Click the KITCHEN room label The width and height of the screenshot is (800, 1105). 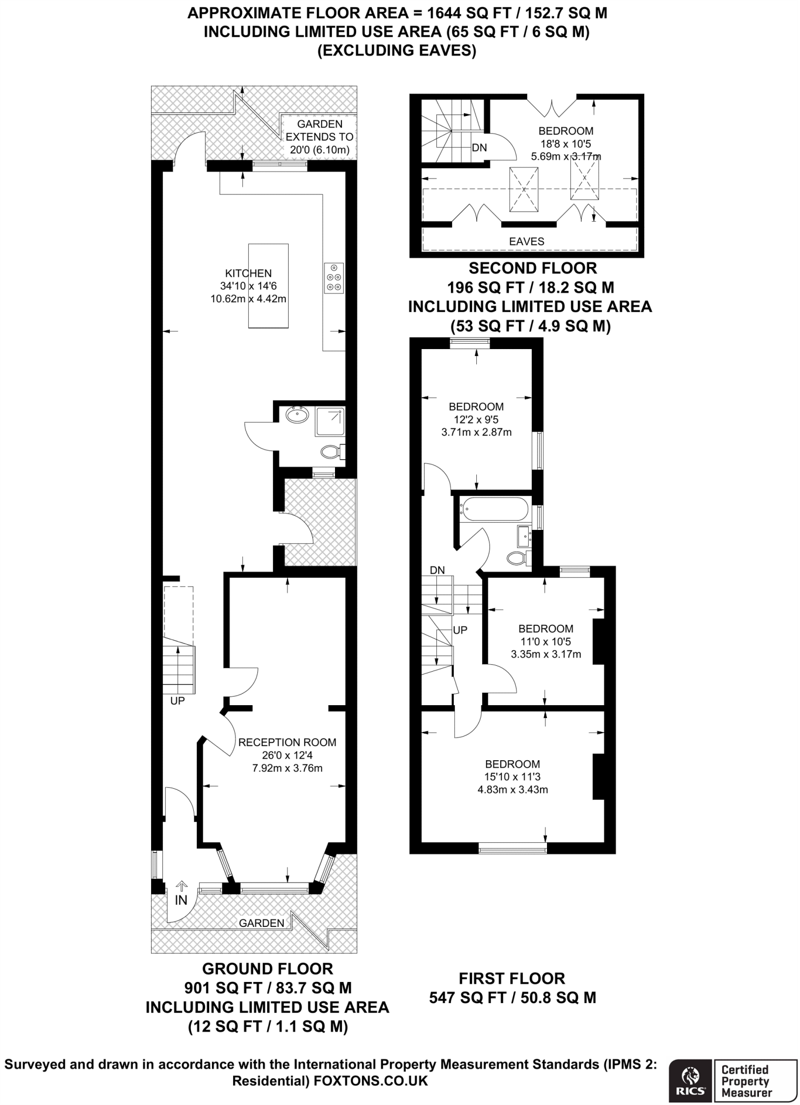pyautogui.click(x=248, y=274)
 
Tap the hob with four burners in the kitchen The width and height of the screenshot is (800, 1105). pyautogui.click(x=334, y=278)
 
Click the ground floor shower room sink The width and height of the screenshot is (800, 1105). pyautogui.click(x=297, y=415)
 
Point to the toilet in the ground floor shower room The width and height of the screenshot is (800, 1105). pyautogui.click(x=330, y=451)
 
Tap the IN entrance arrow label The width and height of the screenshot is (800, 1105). pyautogui.click(x=181, y=899)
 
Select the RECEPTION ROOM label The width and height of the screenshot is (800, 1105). pyautogui.click(x=287, y=742)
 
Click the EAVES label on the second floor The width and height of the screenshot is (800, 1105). pyautogui.click(x=527, y=242)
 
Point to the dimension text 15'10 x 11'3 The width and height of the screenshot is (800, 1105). pyautogui.click(x=512, y=777)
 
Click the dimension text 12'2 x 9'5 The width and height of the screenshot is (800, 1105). pyautogui.click(x=476, y=419)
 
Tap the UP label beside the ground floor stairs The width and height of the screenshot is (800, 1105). pyautogui.click(x=177, y=701)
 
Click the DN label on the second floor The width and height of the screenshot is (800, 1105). pyautogui.click(x=480, y=147)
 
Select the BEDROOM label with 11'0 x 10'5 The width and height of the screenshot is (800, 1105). pyautogui.click(x=545, y=629)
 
